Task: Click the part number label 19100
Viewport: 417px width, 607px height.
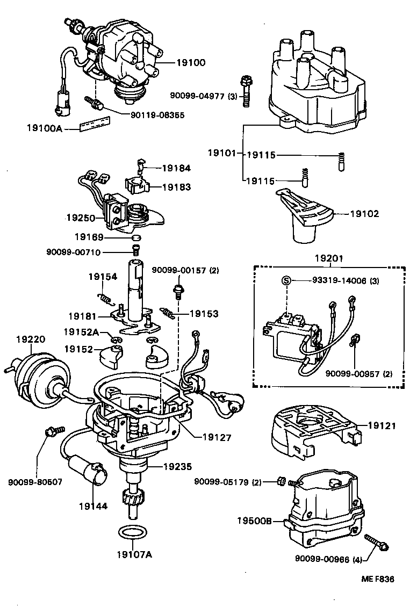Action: (x=191, y=63)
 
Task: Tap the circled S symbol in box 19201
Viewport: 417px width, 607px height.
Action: (x=286, y=280)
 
